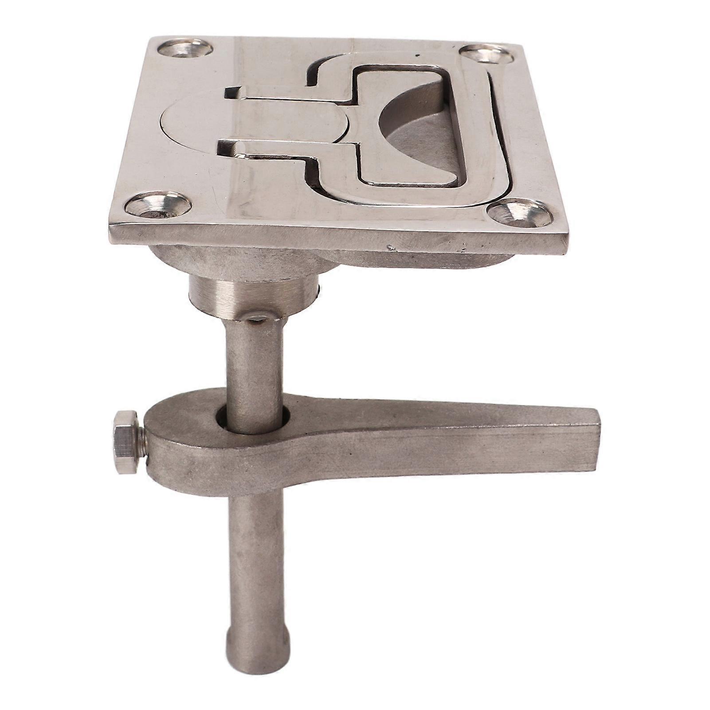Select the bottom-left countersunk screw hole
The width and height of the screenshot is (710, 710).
[x=158, y=207]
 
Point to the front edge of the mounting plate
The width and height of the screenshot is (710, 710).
[x=337, y=242]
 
